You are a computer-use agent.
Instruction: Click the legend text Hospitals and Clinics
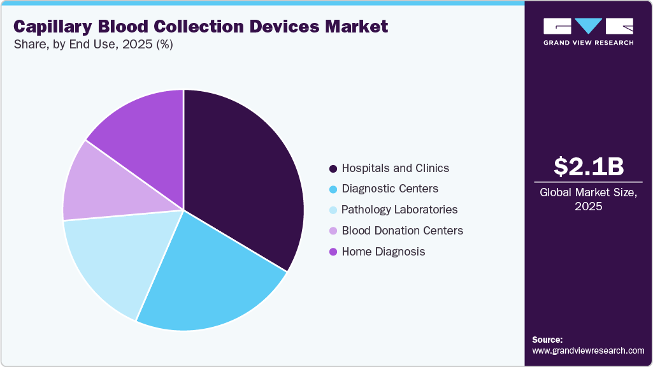point(395,168)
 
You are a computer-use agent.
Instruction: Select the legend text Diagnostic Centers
point(390,189)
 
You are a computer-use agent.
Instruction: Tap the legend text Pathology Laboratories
point(399,210)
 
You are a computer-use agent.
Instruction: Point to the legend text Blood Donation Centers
point(402,230)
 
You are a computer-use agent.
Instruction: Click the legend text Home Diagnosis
point(383,251)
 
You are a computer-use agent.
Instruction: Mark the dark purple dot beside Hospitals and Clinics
point(333,169)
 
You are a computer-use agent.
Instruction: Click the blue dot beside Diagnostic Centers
point(333,189)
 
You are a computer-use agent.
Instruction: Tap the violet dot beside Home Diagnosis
point(333,252)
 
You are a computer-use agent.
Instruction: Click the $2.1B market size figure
point(589,166)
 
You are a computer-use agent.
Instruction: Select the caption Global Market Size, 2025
point(589,199)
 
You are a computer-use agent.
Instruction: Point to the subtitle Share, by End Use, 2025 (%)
point(93,45)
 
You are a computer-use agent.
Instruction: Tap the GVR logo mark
point(588,26)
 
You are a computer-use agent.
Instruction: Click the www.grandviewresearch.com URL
point(588,350)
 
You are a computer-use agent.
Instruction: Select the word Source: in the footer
point(547,340)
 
